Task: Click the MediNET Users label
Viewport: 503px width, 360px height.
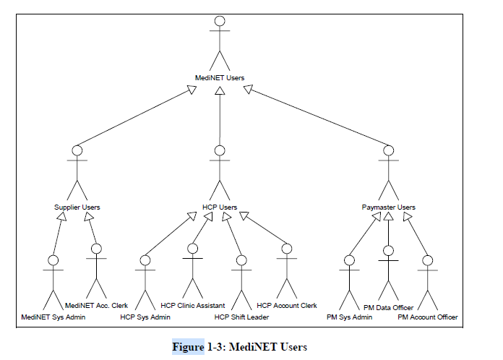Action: pyautogui.click(x=220, y=77)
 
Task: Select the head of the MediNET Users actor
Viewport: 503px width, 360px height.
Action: pyautogui.click(x=220, y=22)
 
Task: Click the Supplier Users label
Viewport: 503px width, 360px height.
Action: pyautogui.click(x=77, y=207)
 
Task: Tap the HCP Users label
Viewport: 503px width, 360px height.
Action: pyautogui.click(x=220, y=207)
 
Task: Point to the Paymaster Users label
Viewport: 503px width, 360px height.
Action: pyautogui.click(x=389, y=207)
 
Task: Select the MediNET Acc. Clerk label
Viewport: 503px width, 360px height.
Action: pyautogui.click(x=97, y=306)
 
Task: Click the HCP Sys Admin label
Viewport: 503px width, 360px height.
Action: pyautogui.click(x=145, y=317)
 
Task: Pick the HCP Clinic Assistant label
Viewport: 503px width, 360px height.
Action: pyautogui.click(x=193, y=306)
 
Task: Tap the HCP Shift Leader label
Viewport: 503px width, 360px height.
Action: pyautogui.click(x=241, y=317)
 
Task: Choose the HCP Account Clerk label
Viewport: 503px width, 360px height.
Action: pyautogui.click(x=287, y=306)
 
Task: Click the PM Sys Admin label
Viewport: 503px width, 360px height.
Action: pyautogui.click(x=350, y=317)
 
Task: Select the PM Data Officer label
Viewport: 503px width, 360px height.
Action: pyautogui.click(x=389, y=308)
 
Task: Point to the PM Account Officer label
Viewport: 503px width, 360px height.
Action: pyautogui.click(x=428, y=317)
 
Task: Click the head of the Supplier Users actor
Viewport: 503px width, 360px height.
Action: pyautogui.click(x=77, y=150)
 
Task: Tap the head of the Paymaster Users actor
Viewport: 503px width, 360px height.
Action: pyautogui.click(x=389, y=150)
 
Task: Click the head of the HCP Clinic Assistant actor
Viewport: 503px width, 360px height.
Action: pyautogui.click(x=193, y=249)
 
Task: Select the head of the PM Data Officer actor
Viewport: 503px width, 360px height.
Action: pyautogui.click(x=389, y=251)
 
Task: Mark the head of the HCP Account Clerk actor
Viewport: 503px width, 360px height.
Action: pyautogui.click(x=287, y=249)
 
